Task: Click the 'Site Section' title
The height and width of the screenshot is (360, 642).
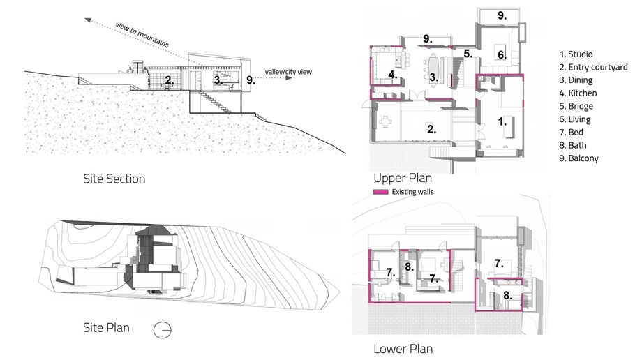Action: coord(114,179)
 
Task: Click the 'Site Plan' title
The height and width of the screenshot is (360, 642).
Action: coord(105,327)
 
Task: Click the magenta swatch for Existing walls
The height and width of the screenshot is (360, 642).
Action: coord(380,191)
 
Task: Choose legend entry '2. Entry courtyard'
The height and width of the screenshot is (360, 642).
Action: coord(594,67)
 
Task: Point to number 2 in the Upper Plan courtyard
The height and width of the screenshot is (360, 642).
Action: coord(432,129)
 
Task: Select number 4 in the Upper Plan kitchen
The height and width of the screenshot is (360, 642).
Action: coord(393,75)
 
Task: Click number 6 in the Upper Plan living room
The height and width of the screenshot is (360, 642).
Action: coord(500,54)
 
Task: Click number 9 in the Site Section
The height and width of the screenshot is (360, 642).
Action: coord(251,80)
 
